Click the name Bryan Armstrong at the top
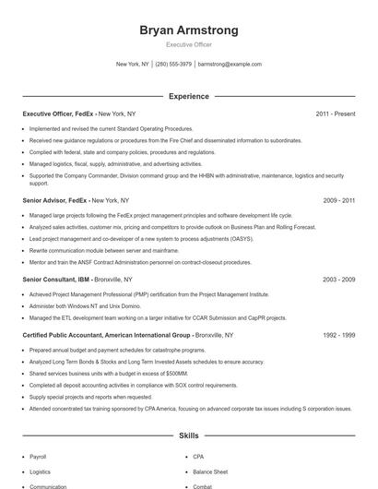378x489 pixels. pos(188,30)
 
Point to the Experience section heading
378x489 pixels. pos(188,96)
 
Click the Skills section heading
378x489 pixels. pos(188,434)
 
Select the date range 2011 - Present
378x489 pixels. pos(335,113)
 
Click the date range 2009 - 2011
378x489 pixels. pos(338,199)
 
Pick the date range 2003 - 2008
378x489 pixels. pos(338,279)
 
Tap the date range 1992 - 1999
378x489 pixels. pos(338,336)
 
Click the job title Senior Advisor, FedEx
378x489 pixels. pos(54,199)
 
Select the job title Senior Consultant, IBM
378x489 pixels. pos(56,279)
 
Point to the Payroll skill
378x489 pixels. pos(38,457)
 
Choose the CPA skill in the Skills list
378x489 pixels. pos(199,457)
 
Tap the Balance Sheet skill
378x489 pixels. pos(209,471)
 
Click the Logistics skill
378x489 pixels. pos(40,471)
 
